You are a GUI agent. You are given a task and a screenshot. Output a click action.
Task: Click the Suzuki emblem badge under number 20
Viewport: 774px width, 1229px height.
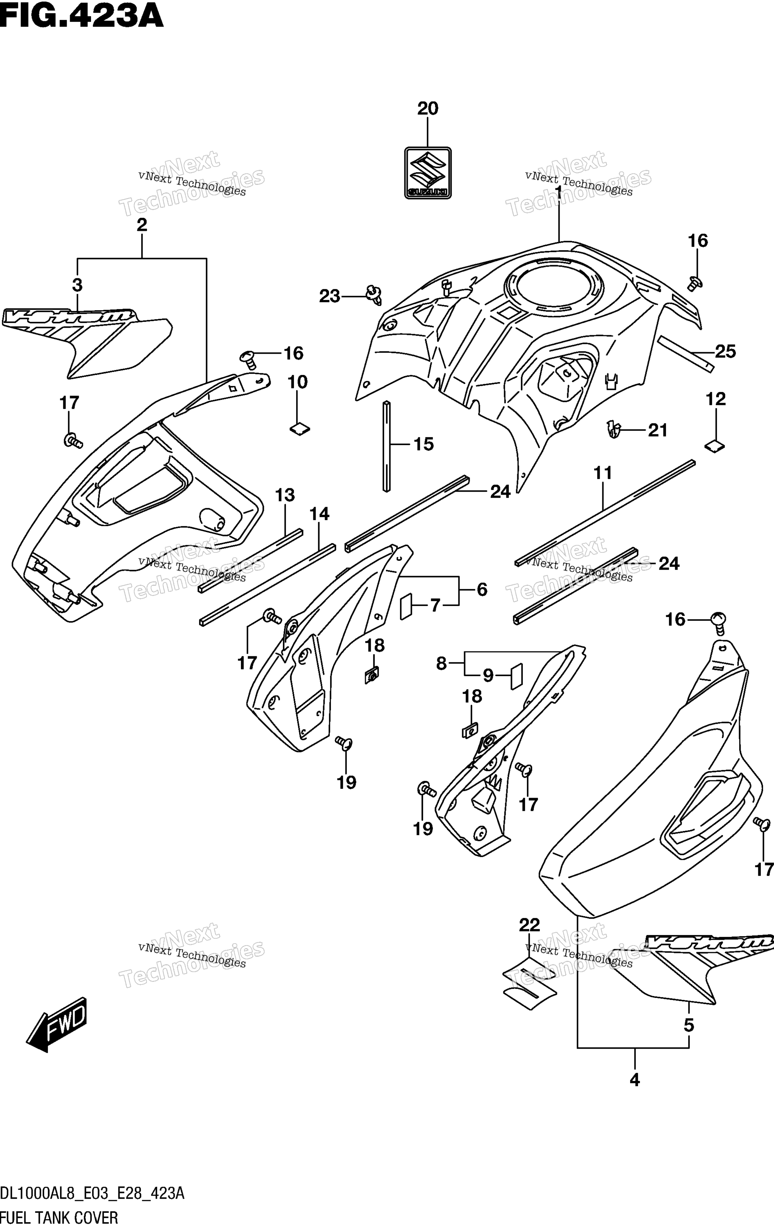pyautogui.click(x=428, y=173)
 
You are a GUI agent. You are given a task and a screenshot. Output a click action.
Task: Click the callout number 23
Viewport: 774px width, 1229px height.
pyautogui.click(x=329, y=296)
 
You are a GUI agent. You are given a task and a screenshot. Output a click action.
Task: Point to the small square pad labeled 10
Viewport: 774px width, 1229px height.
pyautogui.click(x=300, y=429)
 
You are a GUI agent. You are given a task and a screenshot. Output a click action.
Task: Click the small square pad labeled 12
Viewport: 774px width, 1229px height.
pyautogui.click(x=715, y=446)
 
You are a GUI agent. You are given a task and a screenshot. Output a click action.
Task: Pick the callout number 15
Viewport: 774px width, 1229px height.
pyautogui.click(x=424, y=444)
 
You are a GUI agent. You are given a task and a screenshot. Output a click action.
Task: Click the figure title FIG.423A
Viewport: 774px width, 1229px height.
pyautogui.click(x=82, y=16)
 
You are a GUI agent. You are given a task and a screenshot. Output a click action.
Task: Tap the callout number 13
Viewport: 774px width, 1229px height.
pyautogui.click(x=285, y=495)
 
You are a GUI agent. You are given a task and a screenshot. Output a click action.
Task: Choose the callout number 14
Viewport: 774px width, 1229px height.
pyautogui.click(x=319, y=513)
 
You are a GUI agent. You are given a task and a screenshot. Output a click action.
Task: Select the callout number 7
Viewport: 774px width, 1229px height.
pyautogui.click(x=435, y=605)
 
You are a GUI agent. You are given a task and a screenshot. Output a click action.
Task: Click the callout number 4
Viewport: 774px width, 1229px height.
pyautogui.click(x=635, y=1080)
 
